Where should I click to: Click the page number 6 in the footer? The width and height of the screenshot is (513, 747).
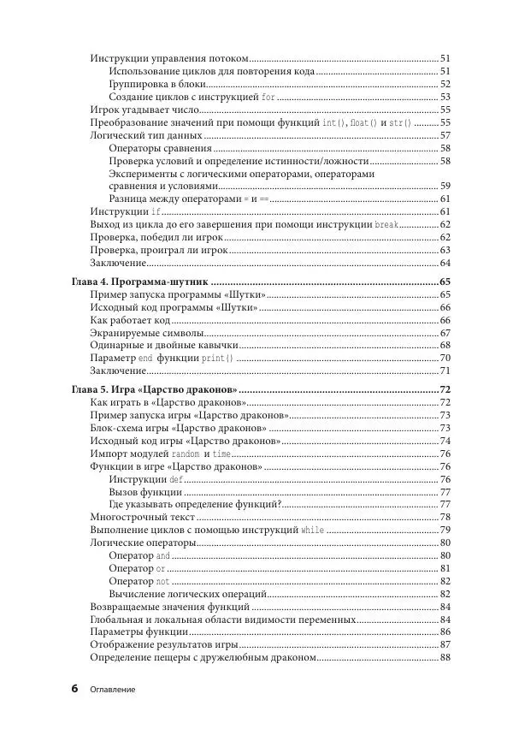(x=74, y=688)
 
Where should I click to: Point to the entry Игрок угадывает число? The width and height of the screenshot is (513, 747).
(x=144, y=110)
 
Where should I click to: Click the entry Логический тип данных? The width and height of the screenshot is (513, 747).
(x=146, y=135)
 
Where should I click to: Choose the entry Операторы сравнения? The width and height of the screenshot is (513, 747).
(x=160, y=148)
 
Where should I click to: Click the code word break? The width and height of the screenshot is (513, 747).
(x=387, y=224)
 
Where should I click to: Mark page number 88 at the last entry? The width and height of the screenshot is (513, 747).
(x=445, y=657)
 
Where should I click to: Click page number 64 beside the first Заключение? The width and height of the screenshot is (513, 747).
(x=445, y=263)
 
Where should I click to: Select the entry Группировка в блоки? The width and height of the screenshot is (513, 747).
(x=158, y=84)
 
